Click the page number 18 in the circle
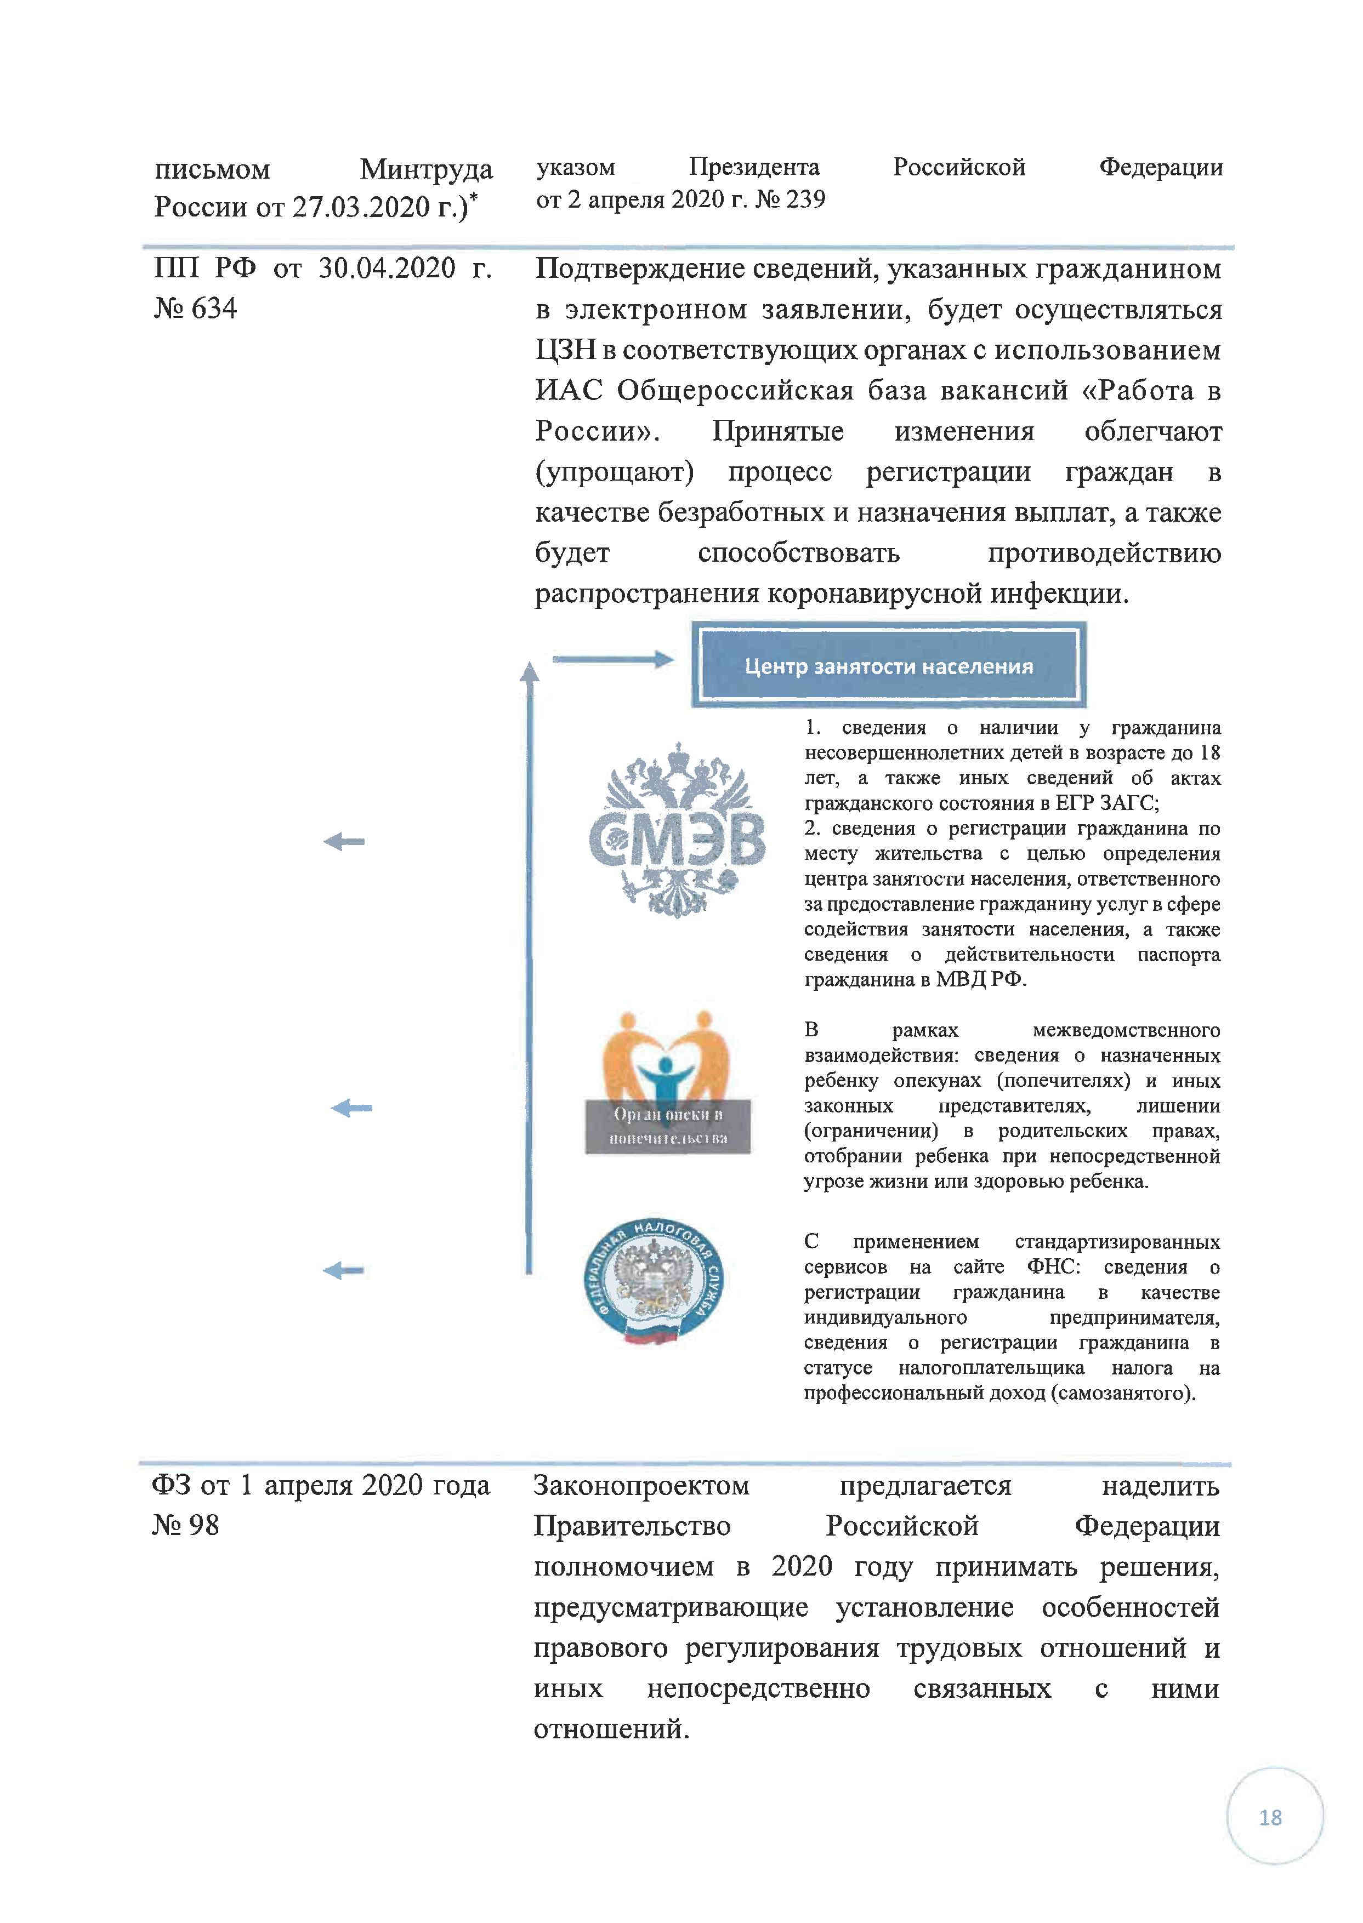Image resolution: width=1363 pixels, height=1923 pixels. pos(1270,1817)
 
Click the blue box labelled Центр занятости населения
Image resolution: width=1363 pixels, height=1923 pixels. pos(888,665)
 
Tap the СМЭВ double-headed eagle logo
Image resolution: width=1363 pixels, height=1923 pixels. pos(677,830)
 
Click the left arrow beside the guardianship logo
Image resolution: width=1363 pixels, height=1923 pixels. pos(351,1108)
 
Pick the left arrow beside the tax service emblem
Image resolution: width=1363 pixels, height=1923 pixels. pos(343,1270)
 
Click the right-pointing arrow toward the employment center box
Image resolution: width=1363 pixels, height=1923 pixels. pos(612,659)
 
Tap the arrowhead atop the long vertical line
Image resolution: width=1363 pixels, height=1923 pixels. pos(529,671)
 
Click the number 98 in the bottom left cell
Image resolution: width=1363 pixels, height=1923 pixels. pos(202,1525)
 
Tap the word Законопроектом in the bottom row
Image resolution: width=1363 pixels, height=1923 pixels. pos(641,1485)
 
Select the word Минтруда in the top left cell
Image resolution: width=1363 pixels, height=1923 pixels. pos(427,169)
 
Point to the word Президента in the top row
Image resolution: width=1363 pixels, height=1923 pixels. pos(754,167)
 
